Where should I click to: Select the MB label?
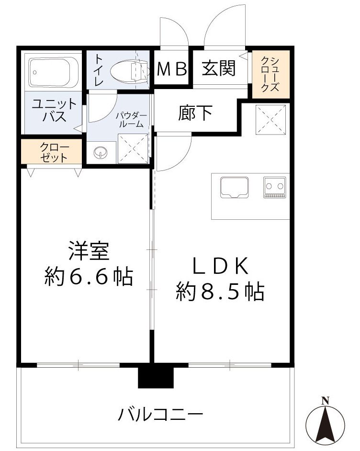tap(172, 70)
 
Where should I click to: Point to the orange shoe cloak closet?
tap(271, 74)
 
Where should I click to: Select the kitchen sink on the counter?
tap(234, 187)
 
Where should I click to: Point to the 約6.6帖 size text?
tap(89, 276)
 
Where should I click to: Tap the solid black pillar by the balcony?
tap(156, 375)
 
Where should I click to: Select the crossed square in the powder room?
tap(133, 149)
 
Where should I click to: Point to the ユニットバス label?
tap(53, 110)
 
